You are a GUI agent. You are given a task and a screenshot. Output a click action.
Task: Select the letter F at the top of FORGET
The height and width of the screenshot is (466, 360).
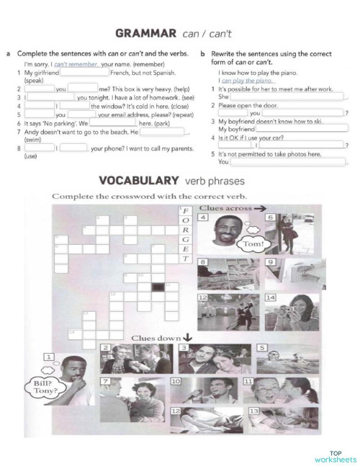[x=185, y=210]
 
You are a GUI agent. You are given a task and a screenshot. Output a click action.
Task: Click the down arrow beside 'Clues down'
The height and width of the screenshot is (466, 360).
[x=188, y=336]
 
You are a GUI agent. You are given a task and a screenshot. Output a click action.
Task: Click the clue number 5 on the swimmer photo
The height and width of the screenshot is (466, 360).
[x=263, y=347]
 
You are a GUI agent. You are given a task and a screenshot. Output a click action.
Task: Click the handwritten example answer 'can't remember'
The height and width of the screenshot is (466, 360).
[x=76, y=64]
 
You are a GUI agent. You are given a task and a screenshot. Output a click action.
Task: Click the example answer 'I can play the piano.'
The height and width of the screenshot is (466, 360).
[x=248, y=81]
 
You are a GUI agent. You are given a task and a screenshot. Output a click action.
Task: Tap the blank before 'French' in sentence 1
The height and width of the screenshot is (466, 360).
[x=84, y=73]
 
